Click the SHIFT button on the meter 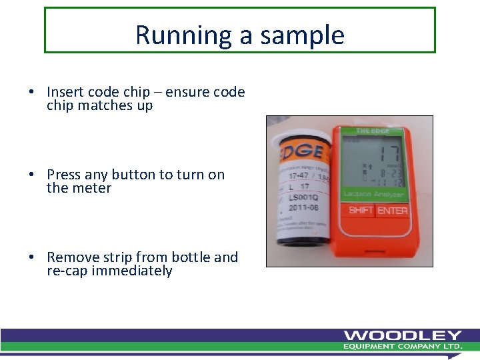[x=361, y=210]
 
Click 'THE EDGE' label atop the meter [x=372, y=131]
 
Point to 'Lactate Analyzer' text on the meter [x=375, y=194]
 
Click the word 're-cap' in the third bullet [x=67, y=271]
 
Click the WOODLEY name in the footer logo [x=402, y=335]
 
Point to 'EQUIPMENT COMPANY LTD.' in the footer [x=402, y=347]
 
